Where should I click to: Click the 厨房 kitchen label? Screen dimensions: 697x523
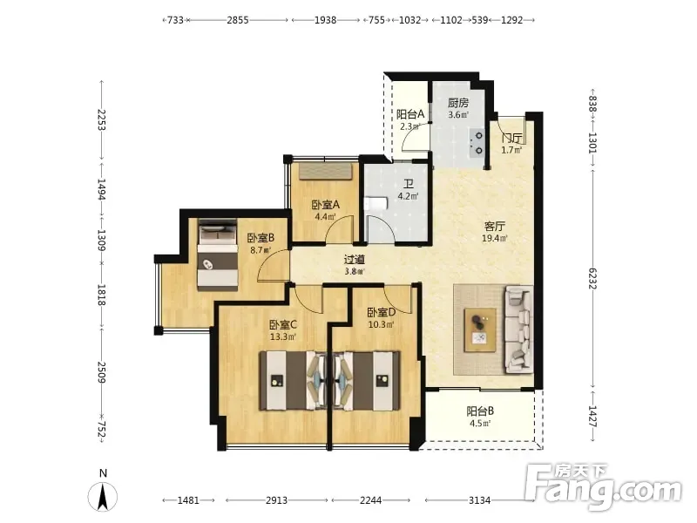pos(458,103)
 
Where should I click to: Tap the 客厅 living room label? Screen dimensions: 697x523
pos(494,227)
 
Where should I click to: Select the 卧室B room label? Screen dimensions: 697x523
pos(261,238)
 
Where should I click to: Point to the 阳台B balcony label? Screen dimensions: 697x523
pos(480,411)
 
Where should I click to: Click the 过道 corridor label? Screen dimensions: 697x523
pos(355,259)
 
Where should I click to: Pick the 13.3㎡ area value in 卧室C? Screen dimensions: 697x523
pos(283,336)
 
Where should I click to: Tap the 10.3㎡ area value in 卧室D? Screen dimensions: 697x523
pos(381,324)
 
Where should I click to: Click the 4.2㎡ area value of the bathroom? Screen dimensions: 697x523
pos(408,196)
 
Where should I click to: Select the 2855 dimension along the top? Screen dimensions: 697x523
pos(238,20)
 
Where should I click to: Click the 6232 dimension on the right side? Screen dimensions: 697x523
pos(592,278)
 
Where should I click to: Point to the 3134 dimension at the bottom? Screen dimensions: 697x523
pos(480,500)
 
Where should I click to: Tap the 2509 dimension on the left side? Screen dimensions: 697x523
pos(102,373)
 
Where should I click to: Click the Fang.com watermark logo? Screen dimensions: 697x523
pos(603,487)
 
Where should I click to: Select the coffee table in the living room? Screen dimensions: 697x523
pos(480,330)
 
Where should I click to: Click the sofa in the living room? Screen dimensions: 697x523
pos(518,329)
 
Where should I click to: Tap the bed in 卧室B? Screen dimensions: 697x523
pos(217,255)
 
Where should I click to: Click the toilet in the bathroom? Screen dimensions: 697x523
pos(376,204)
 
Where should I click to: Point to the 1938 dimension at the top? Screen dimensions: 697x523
pos(325,20)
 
